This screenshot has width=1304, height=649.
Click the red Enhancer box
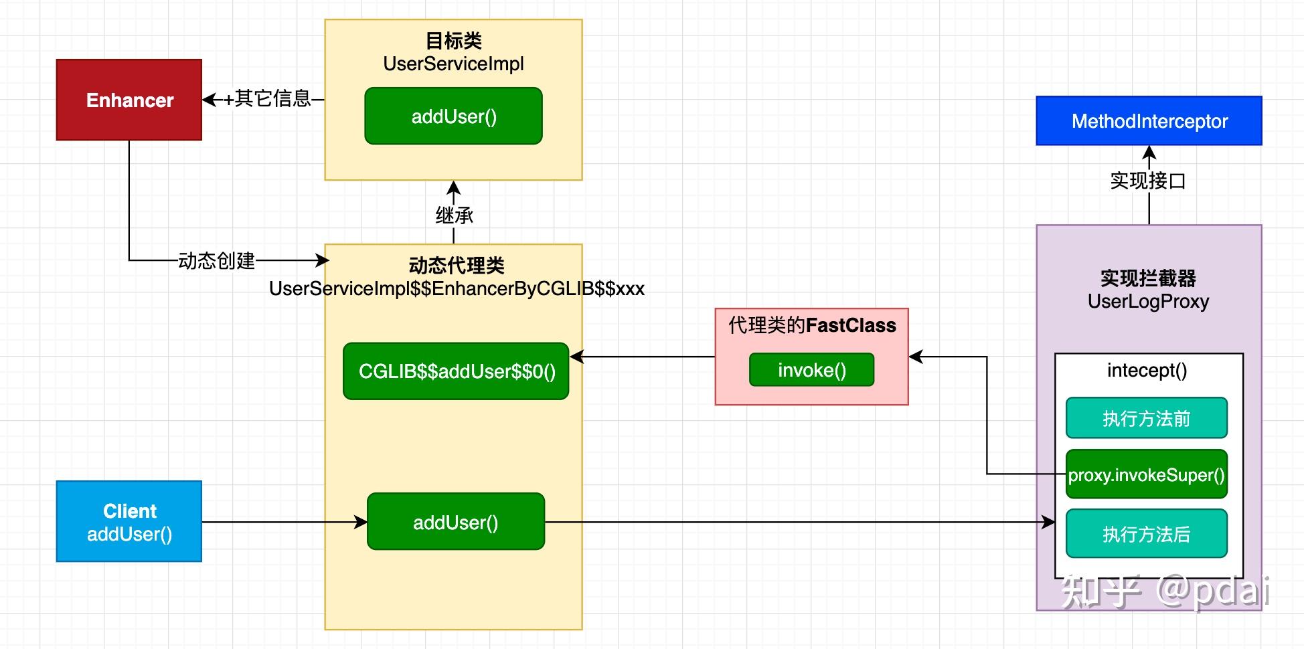coord(129,100)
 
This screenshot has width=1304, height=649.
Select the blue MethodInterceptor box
coord(1149,121)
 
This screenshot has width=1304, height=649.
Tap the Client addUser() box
coord(129,521)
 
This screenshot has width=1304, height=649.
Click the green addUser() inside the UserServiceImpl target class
coord(453,116)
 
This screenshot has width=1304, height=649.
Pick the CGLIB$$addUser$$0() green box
coord(456,371)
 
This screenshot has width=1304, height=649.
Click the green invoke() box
coord(811,370)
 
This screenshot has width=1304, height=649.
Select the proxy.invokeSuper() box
coord(1146,475)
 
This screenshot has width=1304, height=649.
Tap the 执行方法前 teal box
coord(1146,418)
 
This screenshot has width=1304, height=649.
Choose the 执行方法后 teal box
coord(1146,534)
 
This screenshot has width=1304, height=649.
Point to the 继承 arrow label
coord(454,215)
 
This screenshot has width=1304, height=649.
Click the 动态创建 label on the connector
coord(216,260)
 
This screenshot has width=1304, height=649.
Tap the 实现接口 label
coord(1147,181)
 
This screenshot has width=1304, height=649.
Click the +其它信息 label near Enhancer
coord(267,99)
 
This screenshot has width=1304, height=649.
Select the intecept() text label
coord(1147,370)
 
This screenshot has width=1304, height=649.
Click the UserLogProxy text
coord(1148,301)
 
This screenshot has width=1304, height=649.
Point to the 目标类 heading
coord(453,41)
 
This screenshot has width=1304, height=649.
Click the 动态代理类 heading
coord(456,266)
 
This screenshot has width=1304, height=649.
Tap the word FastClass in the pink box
coord(850,325)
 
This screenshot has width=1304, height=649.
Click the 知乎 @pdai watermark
coord(1165,591)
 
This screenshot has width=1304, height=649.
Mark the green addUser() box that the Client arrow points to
coord(456,522)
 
